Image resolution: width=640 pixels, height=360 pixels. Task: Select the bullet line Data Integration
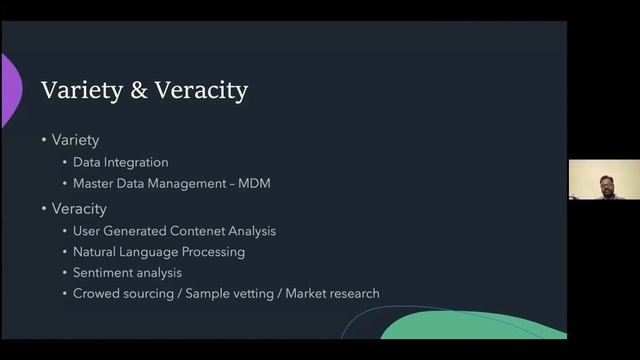[x=120, y=162]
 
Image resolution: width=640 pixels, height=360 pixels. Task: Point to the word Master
[x=94, y=184]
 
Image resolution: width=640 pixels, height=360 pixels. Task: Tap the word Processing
[x=212, y=252]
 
